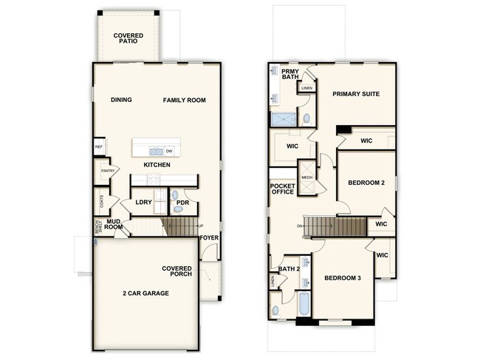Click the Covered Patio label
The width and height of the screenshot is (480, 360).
click(128, 38)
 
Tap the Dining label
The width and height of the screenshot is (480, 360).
click(121, 101)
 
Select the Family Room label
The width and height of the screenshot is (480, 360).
click(185, 101)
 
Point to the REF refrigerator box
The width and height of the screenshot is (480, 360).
click(98, 147)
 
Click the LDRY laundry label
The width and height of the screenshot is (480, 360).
click(143, 202)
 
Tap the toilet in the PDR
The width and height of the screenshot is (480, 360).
click(175, 196)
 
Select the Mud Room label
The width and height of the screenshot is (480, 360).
click(113, 224)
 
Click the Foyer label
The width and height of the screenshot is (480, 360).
click(210, 238)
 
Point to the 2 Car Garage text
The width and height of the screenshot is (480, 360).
click(145, 293)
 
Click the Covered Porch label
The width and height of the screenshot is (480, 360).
click(177, 271)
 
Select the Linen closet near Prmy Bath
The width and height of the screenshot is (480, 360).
click(306, 89)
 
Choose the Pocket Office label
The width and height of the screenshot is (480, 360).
click(283, 189)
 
